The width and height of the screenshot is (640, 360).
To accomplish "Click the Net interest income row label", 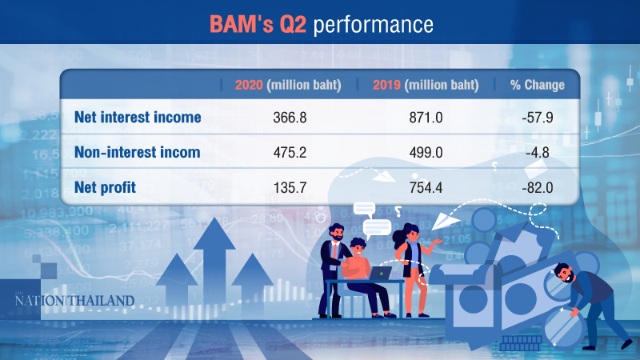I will tap(137, 118).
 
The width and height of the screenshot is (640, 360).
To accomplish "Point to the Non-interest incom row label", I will tap(137, 152).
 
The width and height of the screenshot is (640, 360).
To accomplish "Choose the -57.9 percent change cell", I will tap(537, 118).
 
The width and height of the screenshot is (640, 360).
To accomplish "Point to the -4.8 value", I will tap(537, 152).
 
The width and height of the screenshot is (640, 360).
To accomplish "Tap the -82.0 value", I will tap(537, 186).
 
